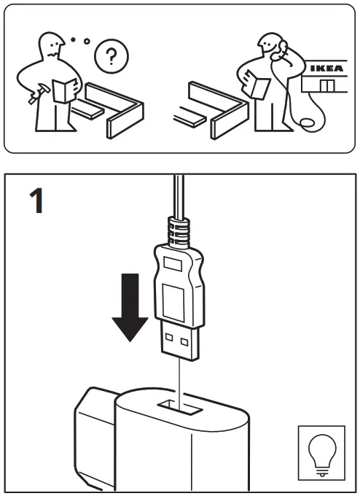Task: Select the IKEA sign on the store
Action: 326,68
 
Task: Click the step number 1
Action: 36,202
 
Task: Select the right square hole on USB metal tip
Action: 187,338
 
